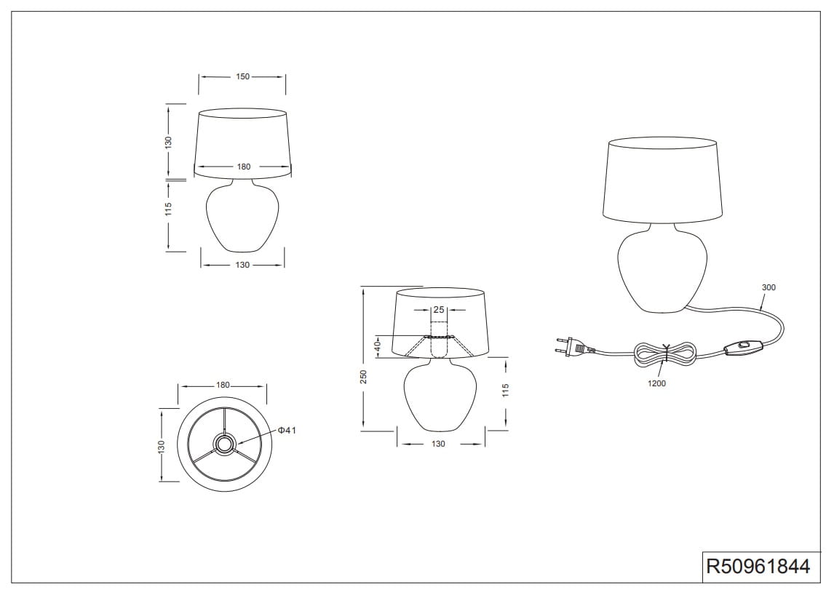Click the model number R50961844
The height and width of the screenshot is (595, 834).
click(x=758, y=567)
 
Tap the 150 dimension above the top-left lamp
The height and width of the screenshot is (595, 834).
click(x=242, y=76)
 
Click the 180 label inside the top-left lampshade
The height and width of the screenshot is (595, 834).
click(x=244, y=167)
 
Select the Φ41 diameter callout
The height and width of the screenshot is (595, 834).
click(x=287, y=431)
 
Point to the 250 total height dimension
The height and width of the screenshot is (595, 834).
click(x=364, y=377)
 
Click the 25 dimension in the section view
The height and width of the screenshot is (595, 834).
click(x=439, y=309)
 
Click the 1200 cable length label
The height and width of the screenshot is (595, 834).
click(x=657, y=383)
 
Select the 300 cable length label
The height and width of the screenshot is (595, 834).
click(x=769, y=287)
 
